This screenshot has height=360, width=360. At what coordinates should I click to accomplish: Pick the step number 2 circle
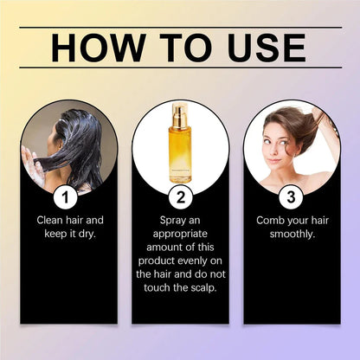pos(179,196)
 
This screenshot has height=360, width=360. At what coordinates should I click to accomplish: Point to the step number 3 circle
pos(292,196)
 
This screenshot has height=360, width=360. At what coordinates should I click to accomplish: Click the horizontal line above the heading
pos(179,26)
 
